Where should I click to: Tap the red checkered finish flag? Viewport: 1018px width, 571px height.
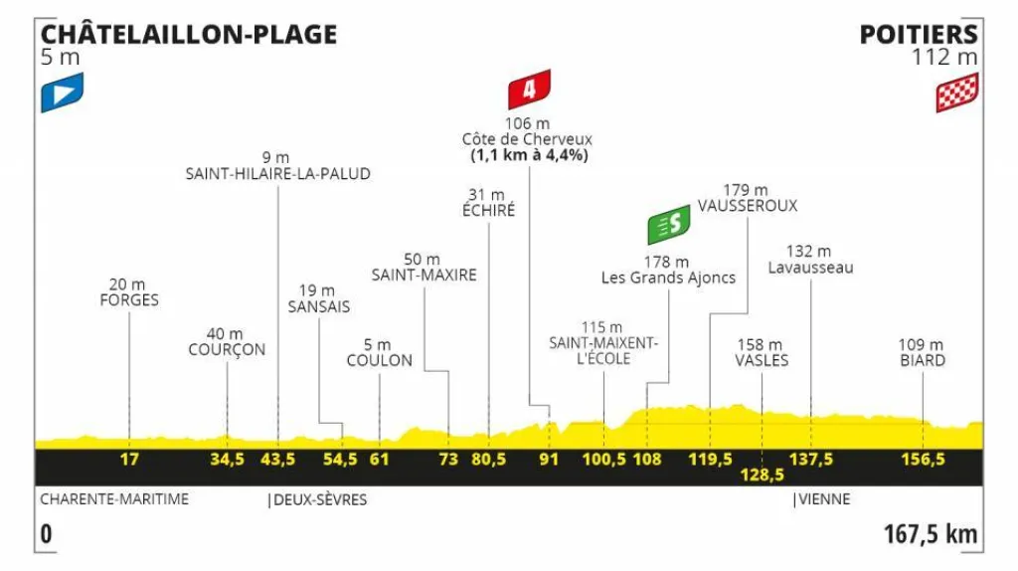point(956,93)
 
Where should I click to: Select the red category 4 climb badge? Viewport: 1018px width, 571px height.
point(529,90)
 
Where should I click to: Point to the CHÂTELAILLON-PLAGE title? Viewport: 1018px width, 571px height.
point(188,35)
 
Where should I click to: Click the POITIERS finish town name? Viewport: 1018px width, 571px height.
point(919,35)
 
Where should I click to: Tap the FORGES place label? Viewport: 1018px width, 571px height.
point(129,300)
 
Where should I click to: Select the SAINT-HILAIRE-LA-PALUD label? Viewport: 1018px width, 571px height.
point(277,173)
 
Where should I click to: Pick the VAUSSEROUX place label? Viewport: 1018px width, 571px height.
point(747,206)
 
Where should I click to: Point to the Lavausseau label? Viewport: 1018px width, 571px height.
point(811,268)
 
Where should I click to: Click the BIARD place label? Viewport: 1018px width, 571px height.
point(923,360)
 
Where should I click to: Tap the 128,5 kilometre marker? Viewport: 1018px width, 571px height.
point(762,476)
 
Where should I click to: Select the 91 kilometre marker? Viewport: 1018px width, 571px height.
point(550,460)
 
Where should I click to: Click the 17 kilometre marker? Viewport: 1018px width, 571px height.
point(129,460)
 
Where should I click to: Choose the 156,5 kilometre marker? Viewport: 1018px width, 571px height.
point(923,460)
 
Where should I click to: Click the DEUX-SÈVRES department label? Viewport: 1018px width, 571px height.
point(320,499)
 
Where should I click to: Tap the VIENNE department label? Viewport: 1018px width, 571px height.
point(824,499)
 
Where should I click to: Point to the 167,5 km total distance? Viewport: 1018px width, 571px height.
point(931,534)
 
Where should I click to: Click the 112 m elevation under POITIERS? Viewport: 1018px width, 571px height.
point(945,58)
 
